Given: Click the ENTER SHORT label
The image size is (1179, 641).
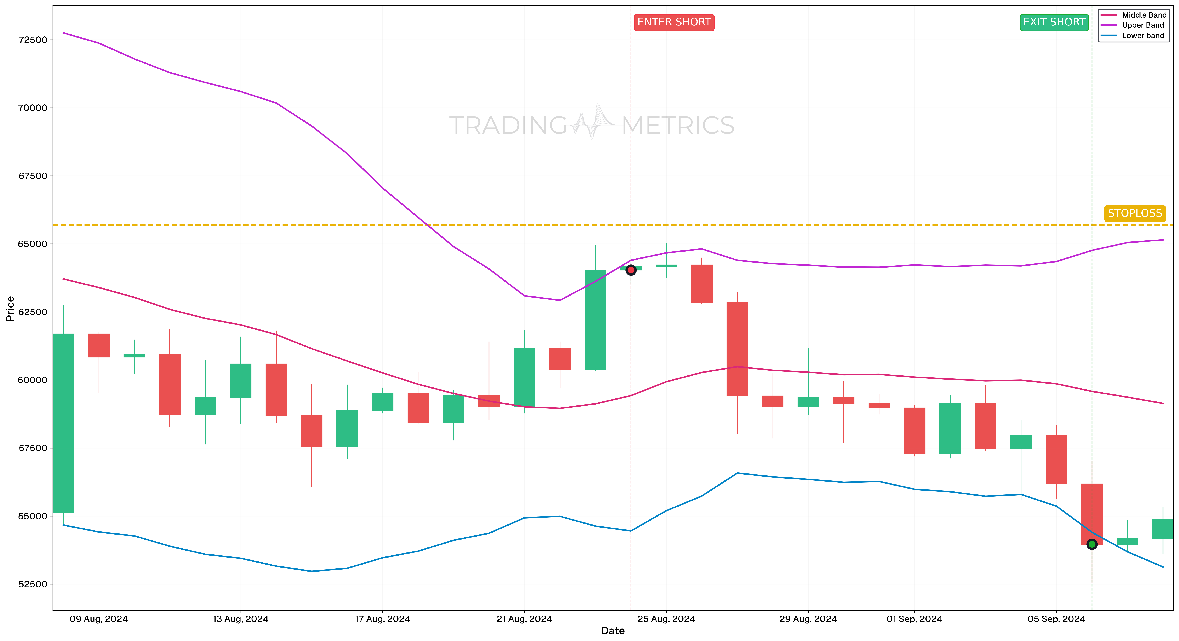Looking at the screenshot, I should pyautogui.click(x=674, y=22).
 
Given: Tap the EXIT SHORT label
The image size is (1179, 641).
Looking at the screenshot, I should pyautogui.click(x=1054, y=22).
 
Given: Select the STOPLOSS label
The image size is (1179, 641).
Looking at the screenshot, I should pyautogui.click(x=1135, y=213).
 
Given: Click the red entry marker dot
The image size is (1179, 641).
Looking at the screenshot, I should pyautogui.click(x=631, y=270).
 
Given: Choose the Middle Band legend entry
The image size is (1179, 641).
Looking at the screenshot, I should pyautogui.click(x=1144, y=15).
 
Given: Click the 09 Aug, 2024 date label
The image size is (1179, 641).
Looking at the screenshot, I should pyautogui.click(x=98, y=619).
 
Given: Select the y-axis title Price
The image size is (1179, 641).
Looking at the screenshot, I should pyautogui.click(x=10, y=309).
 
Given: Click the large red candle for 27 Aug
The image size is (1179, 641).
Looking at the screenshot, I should pyautogui.click(x=737, y=349).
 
